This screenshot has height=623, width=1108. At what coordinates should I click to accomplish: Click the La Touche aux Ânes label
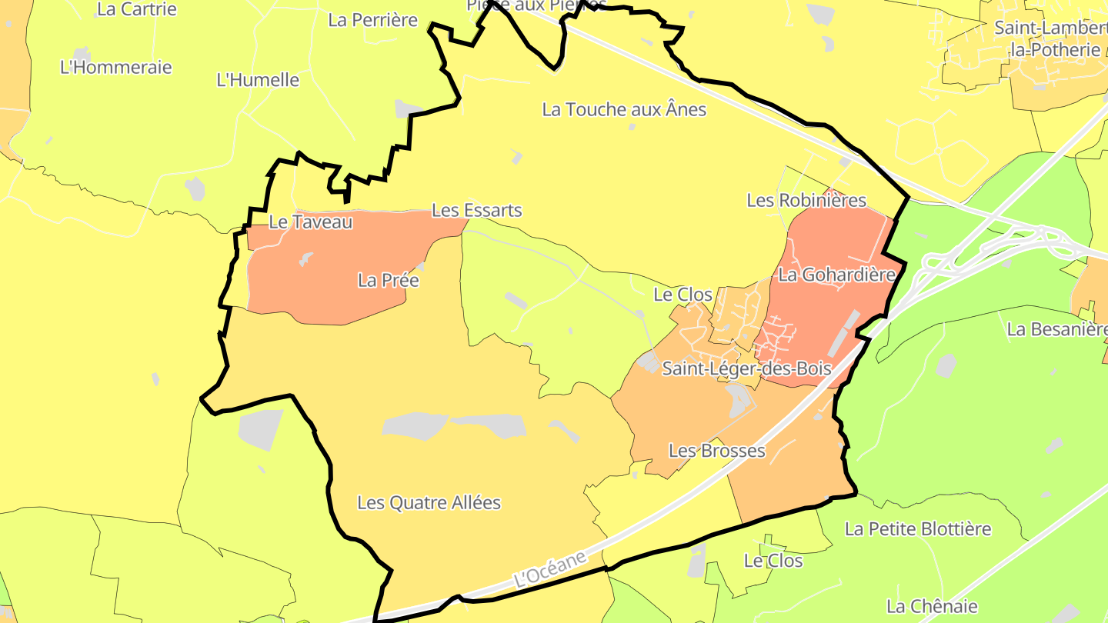[x=624, y=109]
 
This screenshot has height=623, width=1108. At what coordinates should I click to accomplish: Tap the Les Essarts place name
[x=477, y=210]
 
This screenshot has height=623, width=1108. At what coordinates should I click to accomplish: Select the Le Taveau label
[x=311, y=222]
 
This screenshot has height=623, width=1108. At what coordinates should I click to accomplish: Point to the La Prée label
[x=389, y=280]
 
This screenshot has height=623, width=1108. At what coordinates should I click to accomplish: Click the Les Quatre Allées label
[x=429, y=503]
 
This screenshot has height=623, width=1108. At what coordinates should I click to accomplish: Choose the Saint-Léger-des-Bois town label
[x=747, y=368]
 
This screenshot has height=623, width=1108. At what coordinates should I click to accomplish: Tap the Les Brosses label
[x=717, y=451]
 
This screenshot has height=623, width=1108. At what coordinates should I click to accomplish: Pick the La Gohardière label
[x=837, y=275]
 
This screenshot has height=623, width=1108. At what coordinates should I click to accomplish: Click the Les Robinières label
[x=806, y=201]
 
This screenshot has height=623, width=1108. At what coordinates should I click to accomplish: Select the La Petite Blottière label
[x=918, y=529]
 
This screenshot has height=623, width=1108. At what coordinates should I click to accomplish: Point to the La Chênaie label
[x=932, y=606]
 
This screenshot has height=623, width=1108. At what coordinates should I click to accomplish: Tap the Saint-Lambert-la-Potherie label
[x=1051, y=38]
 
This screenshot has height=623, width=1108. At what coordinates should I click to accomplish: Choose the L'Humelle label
[x=258, y=80]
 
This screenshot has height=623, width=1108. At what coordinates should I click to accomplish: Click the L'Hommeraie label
[x=116, y=67]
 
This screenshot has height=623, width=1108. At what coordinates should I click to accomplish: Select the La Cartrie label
[x=137, y=10]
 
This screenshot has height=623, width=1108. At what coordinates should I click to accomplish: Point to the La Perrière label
[x=372, y=20]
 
